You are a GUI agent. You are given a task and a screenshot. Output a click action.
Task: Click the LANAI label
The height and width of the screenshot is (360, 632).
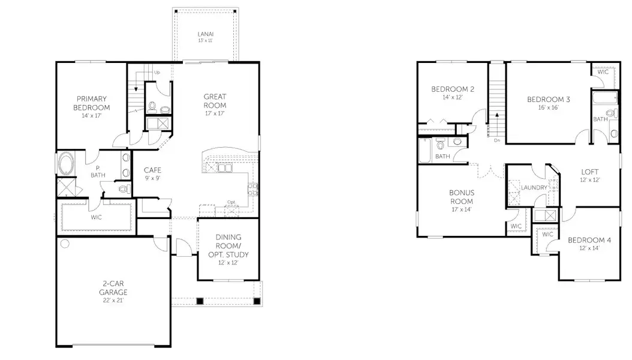click(x=205, y=34)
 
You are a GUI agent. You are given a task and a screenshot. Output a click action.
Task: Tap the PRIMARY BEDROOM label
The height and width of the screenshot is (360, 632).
click(x=91, y=103)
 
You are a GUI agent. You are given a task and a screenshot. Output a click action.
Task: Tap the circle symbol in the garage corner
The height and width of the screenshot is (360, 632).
click(x=65, y=244)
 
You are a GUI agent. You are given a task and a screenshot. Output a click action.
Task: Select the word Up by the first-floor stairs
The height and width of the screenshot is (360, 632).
click(x=157, y=73)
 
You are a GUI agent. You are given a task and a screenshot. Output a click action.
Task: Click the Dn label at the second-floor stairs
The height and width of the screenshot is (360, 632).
click(x=497, y=141)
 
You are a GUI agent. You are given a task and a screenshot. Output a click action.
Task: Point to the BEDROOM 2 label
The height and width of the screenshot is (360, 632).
click(x=453, y=89)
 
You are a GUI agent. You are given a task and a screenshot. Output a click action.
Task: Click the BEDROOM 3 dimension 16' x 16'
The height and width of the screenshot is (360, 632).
click(x=548, y=108)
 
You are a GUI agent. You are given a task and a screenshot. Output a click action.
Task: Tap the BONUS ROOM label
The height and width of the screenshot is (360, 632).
click(x=462, y=196)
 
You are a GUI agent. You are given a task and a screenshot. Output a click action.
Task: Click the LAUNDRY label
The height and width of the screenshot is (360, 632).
click(x=534, y=188)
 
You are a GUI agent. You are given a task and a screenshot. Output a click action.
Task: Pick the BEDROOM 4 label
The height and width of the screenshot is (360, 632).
click(x=589, y=241)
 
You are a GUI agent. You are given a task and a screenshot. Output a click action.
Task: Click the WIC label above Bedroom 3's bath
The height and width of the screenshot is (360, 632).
click(x=603, y=72)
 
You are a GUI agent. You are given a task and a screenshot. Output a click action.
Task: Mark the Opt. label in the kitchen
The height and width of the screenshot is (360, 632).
click(x=231, y=202)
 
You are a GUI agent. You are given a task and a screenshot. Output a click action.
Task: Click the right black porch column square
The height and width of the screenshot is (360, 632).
click(x=257, y=301)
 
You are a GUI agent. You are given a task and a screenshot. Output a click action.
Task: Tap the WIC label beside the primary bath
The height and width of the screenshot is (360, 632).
click(x=97, y=217)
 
